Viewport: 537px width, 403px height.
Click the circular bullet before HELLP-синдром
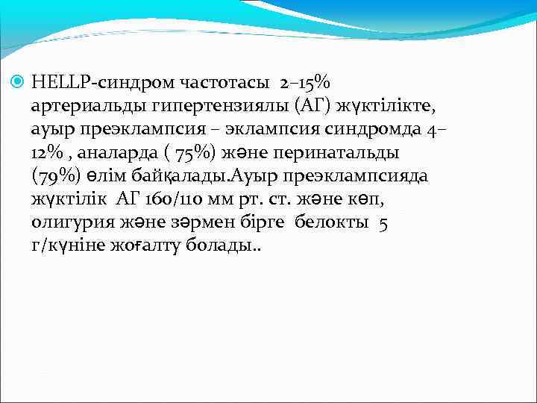(19, 84)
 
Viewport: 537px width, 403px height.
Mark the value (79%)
(56, 176)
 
